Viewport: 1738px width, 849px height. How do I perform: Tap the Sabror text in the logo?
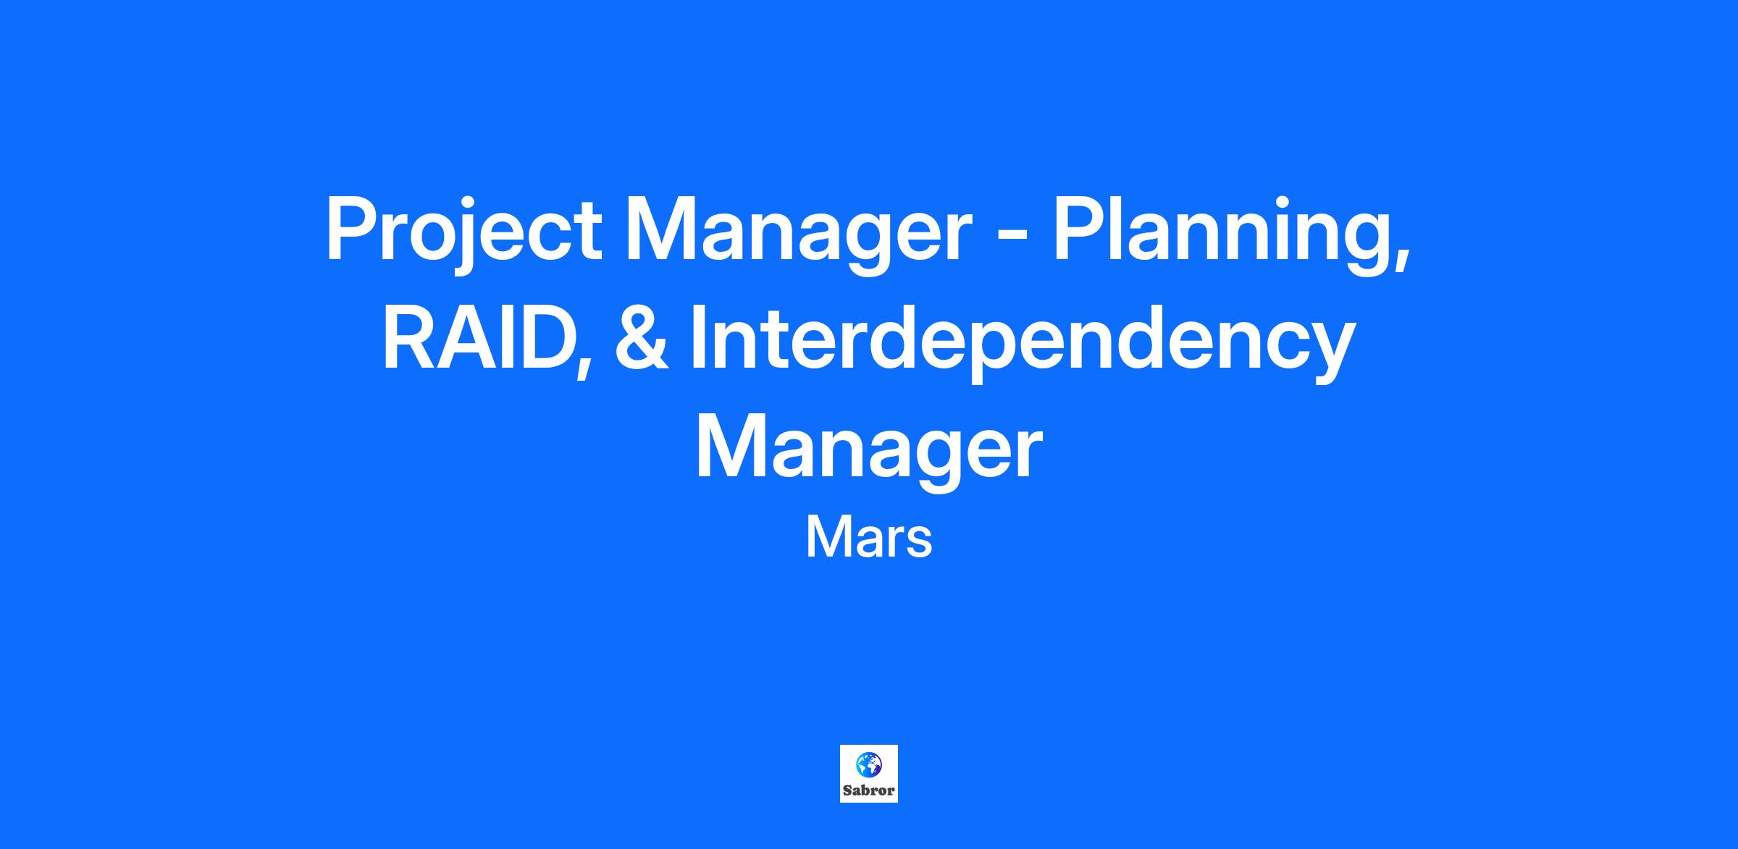point(868,790)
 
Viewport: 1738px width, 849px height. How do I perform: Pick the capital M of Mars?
point(828,538)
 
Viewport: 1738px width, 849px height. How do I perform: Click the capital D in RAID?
point(543,338)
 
